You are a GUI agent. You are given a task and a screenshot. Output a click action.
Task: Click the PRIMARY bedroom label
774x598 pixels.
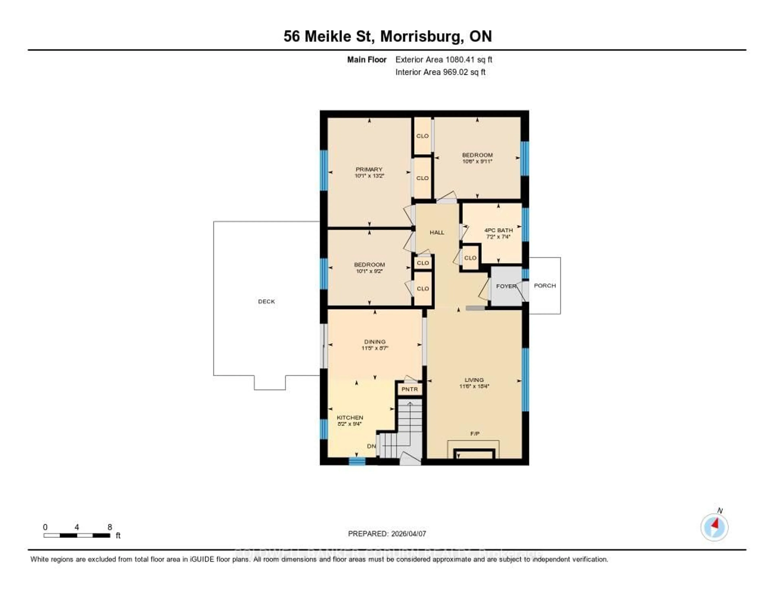(x=369, y=169)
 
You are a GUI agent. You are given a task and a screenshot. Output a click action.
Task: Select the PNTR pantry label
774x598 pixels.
(x=410, y=389)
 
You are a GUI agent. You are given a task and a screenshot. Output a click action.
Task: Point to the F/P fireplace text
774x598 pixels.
(x=474, y=433)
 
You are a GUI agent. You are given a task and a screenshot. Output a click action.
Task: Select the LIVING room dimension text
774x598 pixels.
(x=474, y=386)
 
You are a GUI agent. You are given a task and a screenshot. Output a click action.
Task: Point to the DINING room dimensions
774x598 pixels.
(x=375, y=348)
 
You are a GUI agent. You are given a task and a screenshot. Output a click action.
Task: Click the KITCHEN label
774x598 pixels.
(x=350, y=418)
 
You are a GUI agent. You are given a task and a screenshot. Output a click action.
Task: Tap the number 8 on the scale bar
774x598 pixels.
(x=110, y=527)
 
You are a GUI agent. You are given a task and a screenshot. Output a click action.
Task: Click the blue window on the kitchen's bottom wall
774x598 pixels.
(x=357, y=461)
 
